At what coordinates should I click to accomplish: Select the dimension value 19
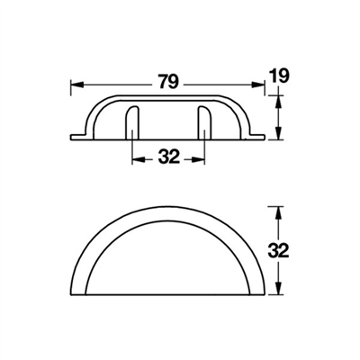pyautogui.click(x=280, y=78)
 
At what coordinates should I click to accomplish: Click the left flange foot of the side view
pyautogui.click(x=76, y=137)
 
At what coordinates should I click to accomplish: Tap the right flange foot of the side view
pyautogui.click(x=259, y=137)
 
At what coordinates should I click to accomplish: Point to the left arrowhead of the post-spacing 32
pyautogui.click(x=136, y=157)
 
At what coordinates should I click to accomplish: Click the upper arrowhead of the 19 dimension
pyautogui.click(x=279, y=101)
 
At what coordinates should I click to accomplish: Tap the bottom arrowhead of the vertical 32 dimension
pyautogui.click(x=279, y=292)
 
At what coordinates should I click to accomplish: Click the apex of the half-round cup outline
pyautogui.click(x=168, y=208)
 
